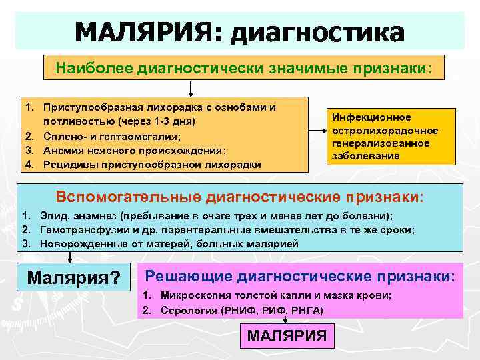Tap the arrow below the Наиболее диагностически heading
click(191, 88)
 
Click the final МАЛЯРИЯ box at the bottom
click(287, 336)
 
